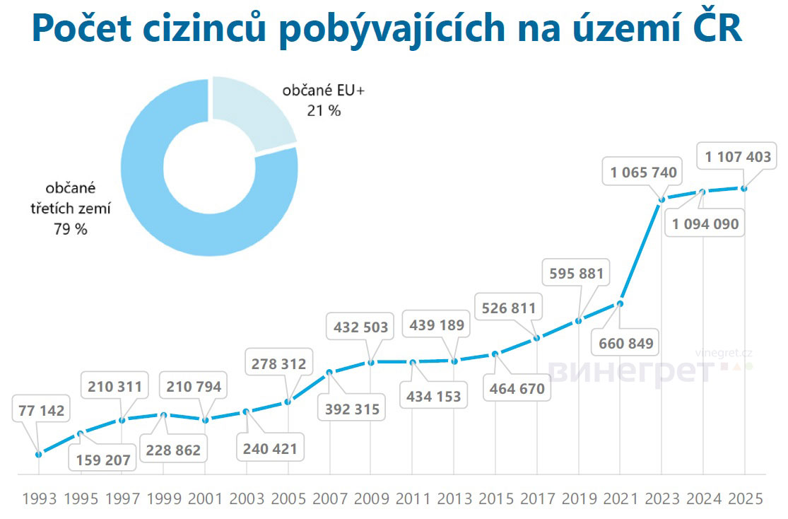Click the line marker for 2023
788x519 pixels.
click(x=662, y=199)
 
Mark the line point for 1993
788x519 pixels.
click(x=38, y=454)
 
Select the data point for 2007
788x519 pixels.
click(x=329, y=372)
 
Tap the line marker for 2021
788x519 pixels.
click(x=621, y=304)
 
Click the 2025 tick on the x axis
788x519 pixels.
click(x=745, y=499)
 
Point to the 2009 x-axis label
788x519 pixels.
click(x=371, y=499)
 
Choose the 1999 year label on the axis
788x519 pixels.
click(x=163, y=499)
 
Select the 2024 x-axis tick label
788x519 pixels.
click(x=703, y=499)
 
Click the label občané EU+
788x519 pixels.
click(x=317, y=91)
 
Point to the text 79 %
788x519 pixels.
click(x=70, y=229)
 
